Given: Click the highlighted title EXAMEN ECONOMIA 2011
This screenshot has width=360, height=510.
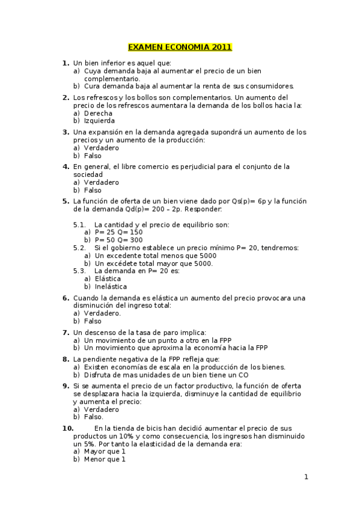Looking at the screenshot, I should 180,48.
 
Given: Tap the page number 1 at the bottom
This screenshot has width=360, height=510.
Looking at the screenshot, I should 306,477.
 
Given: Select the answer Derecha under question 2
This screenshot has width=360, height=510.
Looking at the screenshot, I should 98,113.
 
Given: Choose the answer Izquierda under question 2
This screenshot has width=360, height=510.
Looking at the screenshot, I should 100,121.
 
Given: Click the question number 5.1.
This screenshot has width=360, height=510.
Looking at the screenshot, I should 80,224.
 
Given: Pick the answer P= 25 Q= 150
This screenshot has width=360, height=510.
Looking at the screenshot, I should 119,232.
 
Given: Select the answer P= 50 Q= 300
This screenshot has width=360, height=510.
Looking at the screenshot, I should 119,240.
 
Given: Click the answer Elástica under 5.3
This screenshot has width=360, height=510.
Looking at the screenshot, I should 108,279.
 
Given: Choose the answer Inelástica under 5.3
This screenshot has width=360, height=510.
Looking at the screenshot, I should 111,287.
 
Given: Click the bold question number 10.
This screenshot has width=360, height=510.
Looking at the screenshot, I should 68,428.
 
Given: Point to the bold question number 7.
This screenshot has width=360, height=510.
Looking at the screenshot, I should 66,332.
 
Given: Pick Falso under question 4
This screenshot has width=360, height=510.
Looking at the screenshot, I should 93,190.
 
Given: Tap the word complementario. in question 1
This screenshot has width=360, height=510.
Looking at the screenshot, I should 112,79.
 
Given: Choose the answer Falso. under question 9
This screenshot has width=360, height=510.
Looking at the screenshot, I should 94,417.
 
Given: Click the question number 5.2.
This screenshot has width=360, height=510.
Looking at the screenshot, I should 80,248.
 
